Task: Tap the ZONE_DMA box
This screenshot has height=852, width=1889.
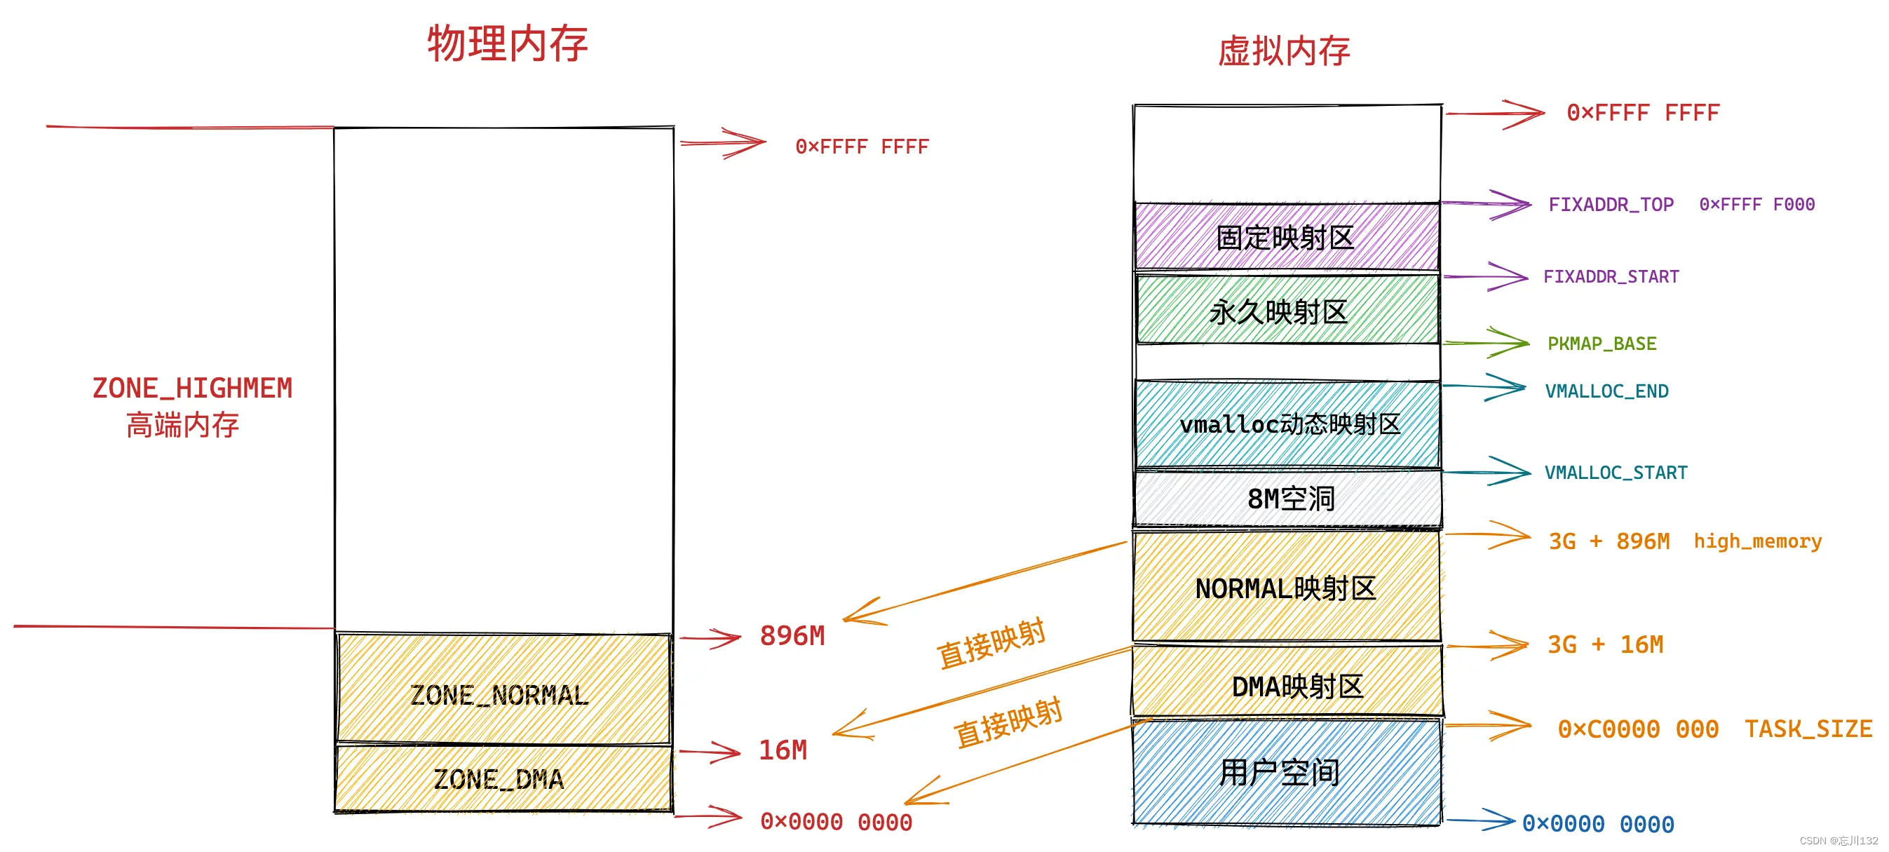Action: (x=501, y=778)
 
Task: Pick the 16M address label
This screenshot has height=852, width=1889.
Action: (x=783, y=750)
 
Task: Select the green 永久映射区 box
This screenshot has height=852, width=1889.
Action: (x=1286, y=311)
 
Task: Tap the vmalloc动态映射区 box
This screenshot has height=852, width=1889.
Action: (x=1287, y=424)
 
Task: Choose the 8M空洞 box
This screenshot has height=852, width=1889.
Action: (x=1287, y=499)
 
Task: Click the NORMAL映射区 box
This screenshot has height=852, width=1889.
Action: (x=1286, y=588)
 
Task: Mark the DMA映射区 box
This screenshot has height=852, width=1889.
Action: (x=1287, y=685)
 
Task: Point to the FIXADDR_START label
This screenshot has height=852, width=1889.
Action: (x=1611, y=276)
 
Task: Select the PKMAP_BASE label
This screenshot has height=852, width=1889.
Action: (x=1602, y=344)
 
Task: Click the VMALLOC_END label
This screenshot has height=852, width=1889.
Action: (x=1606, y=391)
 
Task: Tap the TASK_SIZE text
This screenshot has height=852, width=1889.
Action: (x=1808, y=729)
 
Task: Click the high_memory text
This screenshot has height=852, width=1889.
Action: (x=1757, y=541)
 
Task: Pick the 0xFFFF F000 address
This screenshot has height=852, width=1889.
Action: (x=1757, y=205)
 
